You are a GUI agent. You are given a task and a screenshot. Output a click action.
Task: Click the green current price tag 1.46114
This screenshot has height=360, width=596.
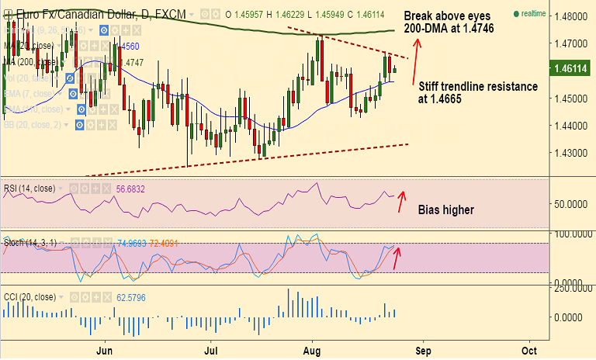pos(571,69)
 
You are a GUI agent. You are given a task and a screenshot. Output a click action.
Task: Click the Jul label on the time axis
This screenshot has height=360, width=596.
pos(210,350)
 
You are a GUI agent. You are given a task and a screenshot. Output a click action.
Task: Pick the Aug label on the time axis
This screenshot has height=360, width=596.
pos(313,350)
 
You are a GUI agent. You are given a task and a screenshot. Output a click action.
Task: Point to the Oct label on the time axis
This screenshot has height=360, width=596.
pos(528,350)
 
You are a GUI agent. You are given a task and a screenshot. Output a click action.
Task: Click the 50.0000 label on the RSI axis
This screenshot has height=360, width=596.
pos(572,204)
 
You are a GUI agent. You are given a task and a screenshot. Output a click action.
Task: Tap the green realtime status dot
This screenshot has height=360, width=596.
pos(516,14)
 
